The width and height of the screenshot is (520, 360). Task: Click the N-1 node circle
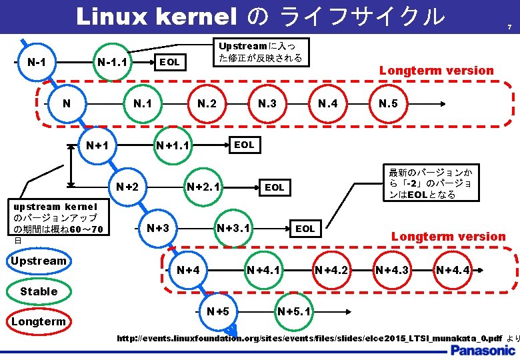[36, 62]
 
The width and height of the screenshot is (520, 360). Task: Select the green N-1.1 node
[113, 63]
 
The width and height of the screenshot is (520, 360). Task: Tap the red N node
[66, 103]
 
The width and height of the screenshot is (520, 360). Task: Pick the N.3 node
[267, 103]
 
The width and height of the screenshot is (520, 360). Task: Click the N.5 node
[388, 103]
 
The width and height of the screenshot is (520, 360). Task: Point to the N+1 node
[97, 145]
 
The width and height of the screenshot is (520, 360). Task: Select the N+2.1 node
[204, 187]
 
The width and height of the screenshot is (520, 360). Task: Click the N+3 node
[158, 228]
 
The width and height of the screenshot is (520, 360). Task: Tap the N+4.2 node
[331, 270]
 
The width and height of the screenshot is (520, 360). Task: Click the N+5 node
[218, 311]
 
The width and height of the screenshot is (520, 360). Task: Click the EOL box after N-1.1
[169, 62]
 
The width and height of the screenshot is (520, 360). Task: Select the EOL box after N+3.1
[305, 229]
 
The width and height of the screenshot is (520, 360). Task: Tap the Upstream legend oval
[39, 261]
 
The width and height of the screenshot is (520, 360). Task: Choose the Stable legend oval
[39, 291]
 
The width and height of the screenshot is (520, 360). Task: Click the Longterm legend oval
[39, 322]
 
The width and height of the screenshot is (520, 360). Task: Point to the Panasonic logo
[480, 350]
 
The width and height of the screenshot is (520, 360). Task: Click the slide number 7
[509, 27]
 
